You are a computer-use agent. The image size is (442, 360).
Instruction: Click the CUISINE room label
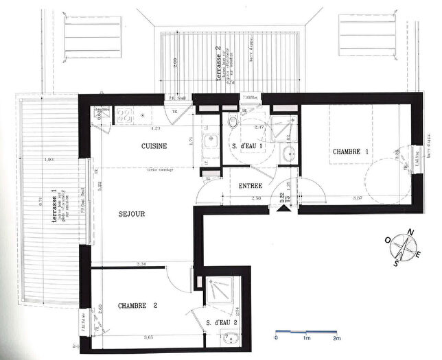point(155,147)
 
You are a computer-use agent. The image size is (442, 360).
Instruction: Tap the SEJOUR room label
point(132,214)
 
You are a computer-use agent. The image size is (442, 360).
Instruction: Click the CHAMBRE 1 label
point(351,152)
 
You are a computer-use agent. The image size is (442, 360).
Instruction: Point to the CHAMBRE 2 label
point(137,305)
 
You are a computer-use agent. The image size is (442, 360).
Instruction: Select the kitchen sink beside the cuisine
point(209,144)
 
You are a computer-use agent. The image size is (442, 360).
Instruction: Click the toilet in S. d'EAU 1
point(233,122)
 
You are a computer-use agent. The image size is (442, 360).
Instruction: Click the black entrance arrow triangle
point(281,210)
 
